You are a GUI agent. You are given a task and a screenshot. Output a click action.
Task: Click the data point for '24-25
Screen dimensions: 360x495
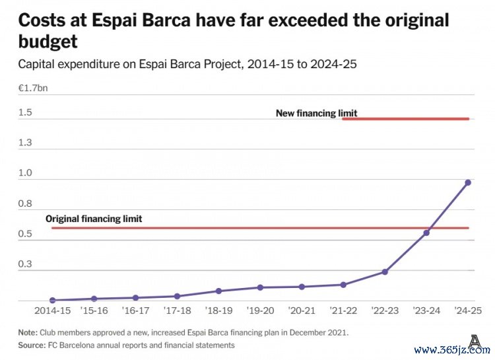coord(468,182)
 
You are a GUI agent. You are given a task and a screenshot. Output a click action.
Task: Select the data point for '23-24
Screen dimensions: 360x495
coord(426,233)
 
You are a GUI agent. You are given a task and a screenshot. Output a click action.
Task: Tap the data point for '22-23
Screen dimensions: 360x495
coord(385,271)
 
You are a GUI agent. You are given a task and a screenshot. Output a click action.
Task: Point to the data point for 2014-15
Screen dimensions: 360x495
coord(52,300)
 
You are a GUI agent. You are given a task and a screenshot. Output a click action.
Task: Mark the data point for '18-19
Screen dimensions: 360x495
coord(218,291)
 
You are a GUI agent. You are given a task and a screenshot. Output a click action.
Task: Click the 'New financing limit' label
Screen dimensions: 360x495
coord(316,113)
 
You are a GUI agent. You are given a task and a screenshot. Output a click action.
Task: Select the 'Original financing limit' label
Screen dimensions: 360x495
coord(94,219)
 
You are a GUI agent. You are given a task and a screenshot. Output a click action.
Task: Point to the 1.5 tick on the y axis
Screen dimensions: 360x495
coord(25,112)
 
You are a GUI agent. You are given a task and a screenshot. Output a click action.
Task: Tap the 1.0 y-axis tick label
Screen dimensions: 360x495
coord(25,173)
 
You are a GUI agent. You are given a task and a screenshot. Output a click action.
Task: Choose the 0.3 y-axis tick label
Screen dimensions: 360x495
coord(25,264)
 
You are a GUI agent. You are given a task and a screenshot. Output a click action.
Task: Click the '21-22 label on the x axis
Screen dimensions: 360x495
coord(343,310)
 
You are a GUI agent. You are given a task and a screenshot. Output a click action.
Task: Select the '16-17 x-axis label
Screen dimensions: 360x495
coord(135,310)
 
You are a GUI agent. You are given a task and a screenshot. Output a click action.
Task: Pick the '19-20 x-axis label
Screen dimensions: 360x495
coord(260,310)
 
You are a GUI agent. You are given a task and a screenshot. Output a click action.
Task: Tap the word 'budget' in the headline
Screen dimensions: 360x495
coord(48,43)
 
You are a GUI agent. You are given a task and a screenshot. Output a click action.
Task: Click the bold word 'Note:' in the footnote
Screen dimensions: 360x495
coord(28,332)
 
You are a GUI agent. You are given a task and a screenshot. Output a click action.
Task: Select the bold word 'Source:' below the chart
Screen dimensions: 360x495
coord(31,345)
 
